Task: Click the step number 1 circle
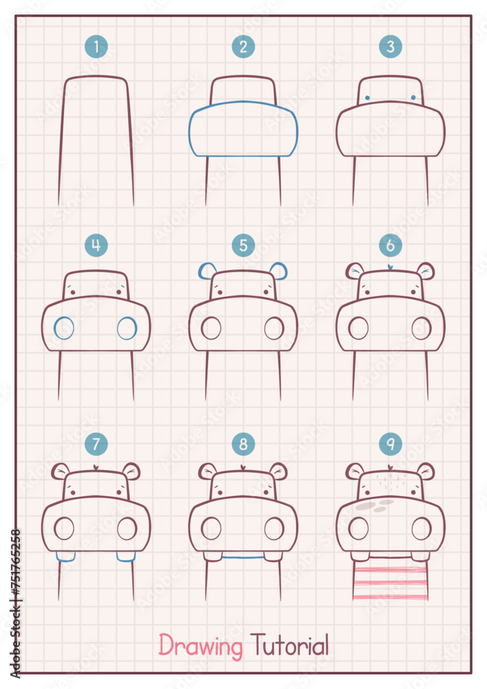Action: point(96,48)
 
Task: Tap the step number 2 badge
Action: point(243,48)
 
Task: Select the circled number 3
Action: point(391,48)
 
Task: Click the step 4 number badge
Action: point(96,245)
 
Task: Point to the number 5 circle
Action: point(243,245)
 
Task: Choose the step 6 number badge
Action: point(391,245)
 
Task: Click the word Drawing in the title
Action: point(201,646)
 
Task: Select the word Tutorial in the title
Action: point(289,646)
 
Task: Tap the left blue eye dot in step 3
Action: point(367,98)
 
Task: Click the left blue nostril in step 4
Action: point(64,328)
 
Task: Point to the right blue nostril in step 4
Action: point(127,328)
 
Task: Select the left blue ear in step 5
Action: point(205,271)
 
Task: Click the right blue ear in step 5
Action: point(280,270)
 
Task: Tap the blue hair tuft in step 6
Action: point(391,267)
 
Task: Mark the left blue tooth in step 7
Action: point(65,557)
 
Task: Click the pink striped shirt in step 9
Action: point(390,582)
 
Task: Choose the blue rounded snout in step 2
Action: point(243,129)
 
